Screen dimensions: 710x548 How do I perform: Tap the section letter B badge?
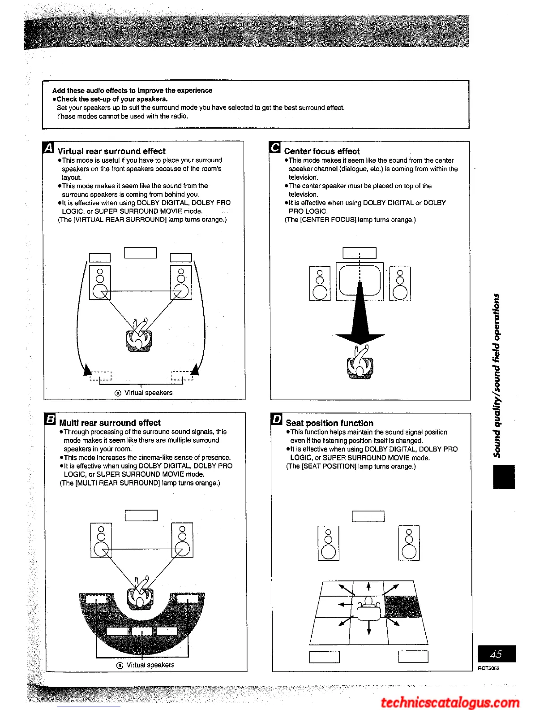(x=50, y=420)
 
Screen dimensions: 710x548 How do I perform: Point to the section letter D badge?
(x=277, y=420)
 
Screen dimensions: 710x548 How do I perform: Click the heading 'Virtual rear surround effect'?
(x=111, y=152)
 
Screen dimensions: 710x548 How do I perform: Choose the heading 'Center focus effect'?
(x=321, y=152)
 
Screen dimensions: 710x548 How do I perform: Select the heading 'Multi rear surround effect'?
(x=110, y=423)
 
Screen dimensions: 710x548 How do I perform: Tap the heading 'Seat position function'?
(x=329, y=423)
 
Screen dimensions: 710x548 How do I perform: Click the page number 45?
(x=496, y=654)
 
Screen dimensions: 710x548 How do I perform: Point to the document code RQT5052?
(x=488, y=668)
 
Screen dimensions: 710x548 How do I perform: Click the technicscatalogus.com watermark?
(x=450, y=702)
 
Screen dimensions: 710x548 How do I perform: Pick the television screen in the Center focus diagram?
(x=360, y=281)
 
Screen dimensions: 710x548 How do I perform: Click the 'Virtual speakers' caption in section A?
(x=148, y=393)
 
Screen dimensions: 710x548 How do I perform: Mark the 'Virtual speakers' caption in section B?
(x=150, y=665)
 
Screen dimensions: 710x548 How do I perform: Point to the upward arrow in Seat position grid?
(x=368, y=587)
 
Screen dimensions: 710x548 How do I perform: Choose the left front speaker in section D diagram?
(x=328, y=543)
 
